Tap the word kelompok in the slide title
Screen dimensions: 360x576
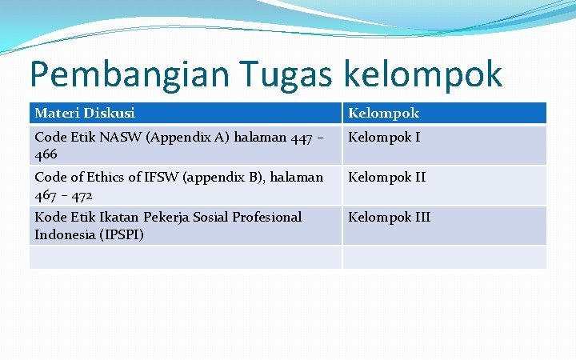(424, 74)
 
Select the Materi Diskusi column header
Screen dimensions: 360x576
(85, 114)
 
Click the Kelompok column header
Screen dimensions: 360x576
(383, 114)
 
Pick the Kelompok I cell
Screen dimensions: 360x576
(383, 138)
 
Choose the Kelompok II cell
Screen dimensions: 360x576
(386, 178)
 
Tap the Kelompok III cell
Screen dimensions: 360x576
(389, 218)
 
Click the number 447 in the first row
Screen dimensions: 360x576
(302, 138)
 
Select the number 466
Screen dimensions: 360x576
(46, 154)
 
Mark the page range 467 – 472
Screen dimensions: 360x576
(63, 194)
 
